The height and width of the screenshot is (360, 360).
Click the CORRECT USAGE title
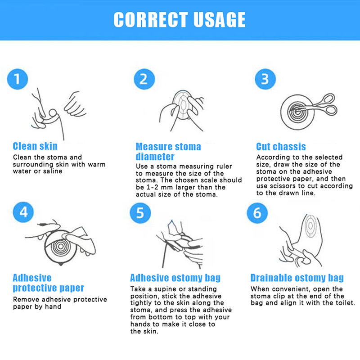(180, 20)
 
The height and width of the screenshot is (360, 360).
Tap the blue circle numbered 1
(18, 79)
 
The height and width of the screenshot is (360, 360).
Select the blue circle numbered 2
(144, 79)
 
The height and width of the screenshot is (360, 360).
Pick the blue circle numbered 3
(265, 79)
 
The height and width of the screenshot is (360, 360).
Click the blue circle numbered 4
(23, 212)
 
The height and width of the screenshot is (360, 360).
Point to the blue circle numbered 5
(140, 213)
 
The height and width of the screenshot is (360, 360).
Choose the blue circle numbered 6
(257, 213)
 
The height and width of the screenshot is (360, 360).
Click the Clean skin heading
(35, 146)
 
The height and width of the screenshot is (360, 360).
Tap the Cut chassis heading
(281, 147)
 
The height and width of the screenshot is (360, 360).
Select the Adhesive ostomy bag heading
(175, 278)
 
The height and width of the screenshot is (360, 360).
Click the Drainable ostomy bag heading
(297, 278)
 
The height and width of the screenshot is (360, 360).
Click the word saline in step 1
(53, 171)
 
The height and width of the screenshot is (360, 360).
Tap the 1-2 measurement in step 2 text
(153, 187)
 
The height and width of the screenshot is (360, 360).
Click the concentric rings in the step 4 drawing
(61, 247)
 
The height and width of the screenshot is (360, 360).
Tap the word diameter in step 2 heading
(155, 157)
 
